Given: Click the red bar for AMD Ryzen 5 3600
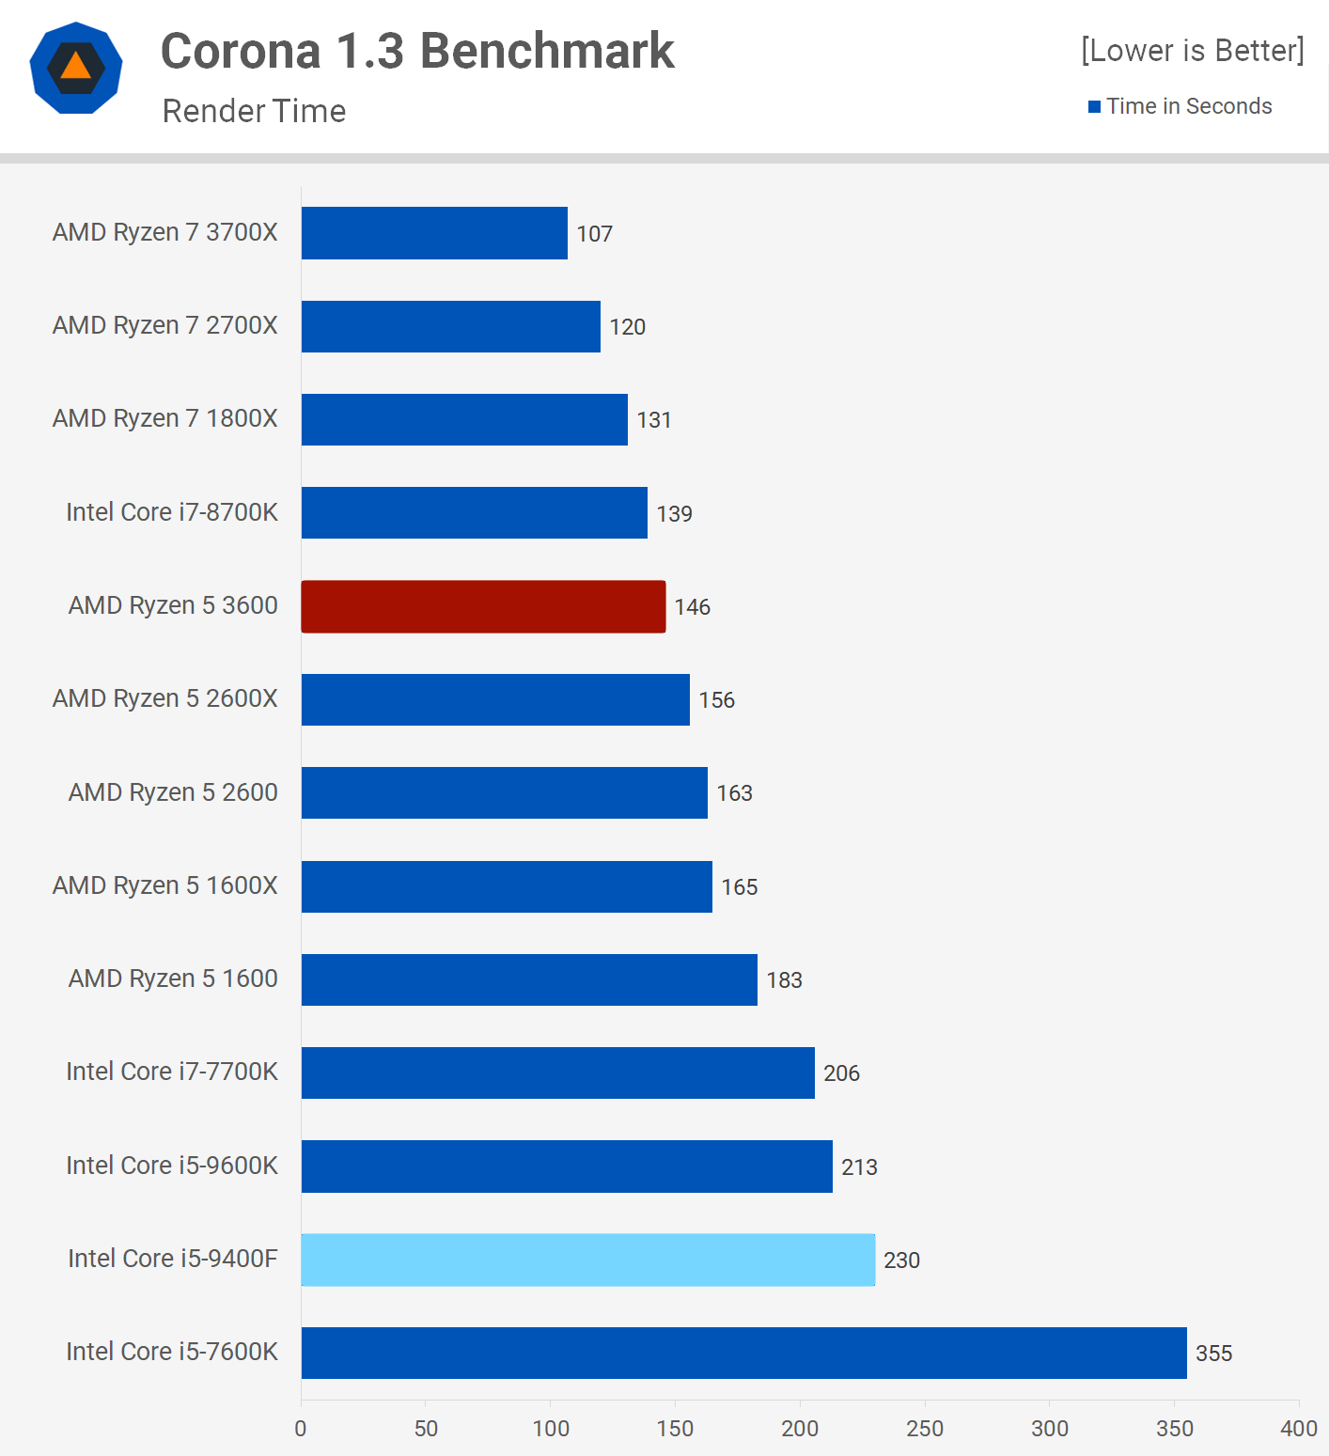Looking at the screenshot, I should (483, 606).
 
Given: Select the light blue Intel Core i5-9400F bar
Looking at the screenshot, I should (587, 1260).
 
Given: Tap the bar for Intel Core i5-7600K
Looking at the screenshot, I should (743, 1353).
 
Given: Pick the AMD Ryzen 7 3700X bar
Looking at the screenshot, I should (434, 233).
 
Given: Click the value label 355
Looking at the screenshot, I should (1213, 1354).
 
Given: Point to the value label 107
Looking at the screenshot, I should (594, 234).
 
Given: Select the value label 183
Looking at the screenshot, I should (784, 980).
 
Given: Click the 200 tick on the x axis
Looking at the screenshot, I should (800, 1429).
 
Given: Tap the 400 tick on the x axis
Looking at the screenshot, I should (1299, 1429).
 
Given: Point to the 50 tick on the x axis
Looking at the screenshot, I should (426, 1429).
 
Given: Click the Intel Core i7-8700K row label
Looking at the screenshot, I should (172, 512).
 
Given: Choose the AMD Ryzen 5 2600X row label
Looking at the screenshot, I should (165, 698).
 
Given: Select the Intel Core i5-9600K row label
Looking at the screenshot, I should (172, 1166).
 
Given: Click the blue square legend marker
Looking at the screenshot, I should (1094, 107).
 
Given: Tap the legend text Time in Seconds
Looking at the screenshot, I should (1189, 106).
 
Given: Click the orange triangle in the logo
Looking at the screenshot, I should (76, 67).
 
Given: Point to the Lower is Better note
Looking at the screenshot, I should (1192, 51).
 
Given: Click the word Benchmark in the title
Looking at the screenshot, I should (547, 51).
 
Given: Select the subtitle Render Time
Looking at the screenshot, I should (254, 111).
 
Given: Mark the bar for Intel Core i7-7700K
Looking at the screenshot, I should (557, 1073).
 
